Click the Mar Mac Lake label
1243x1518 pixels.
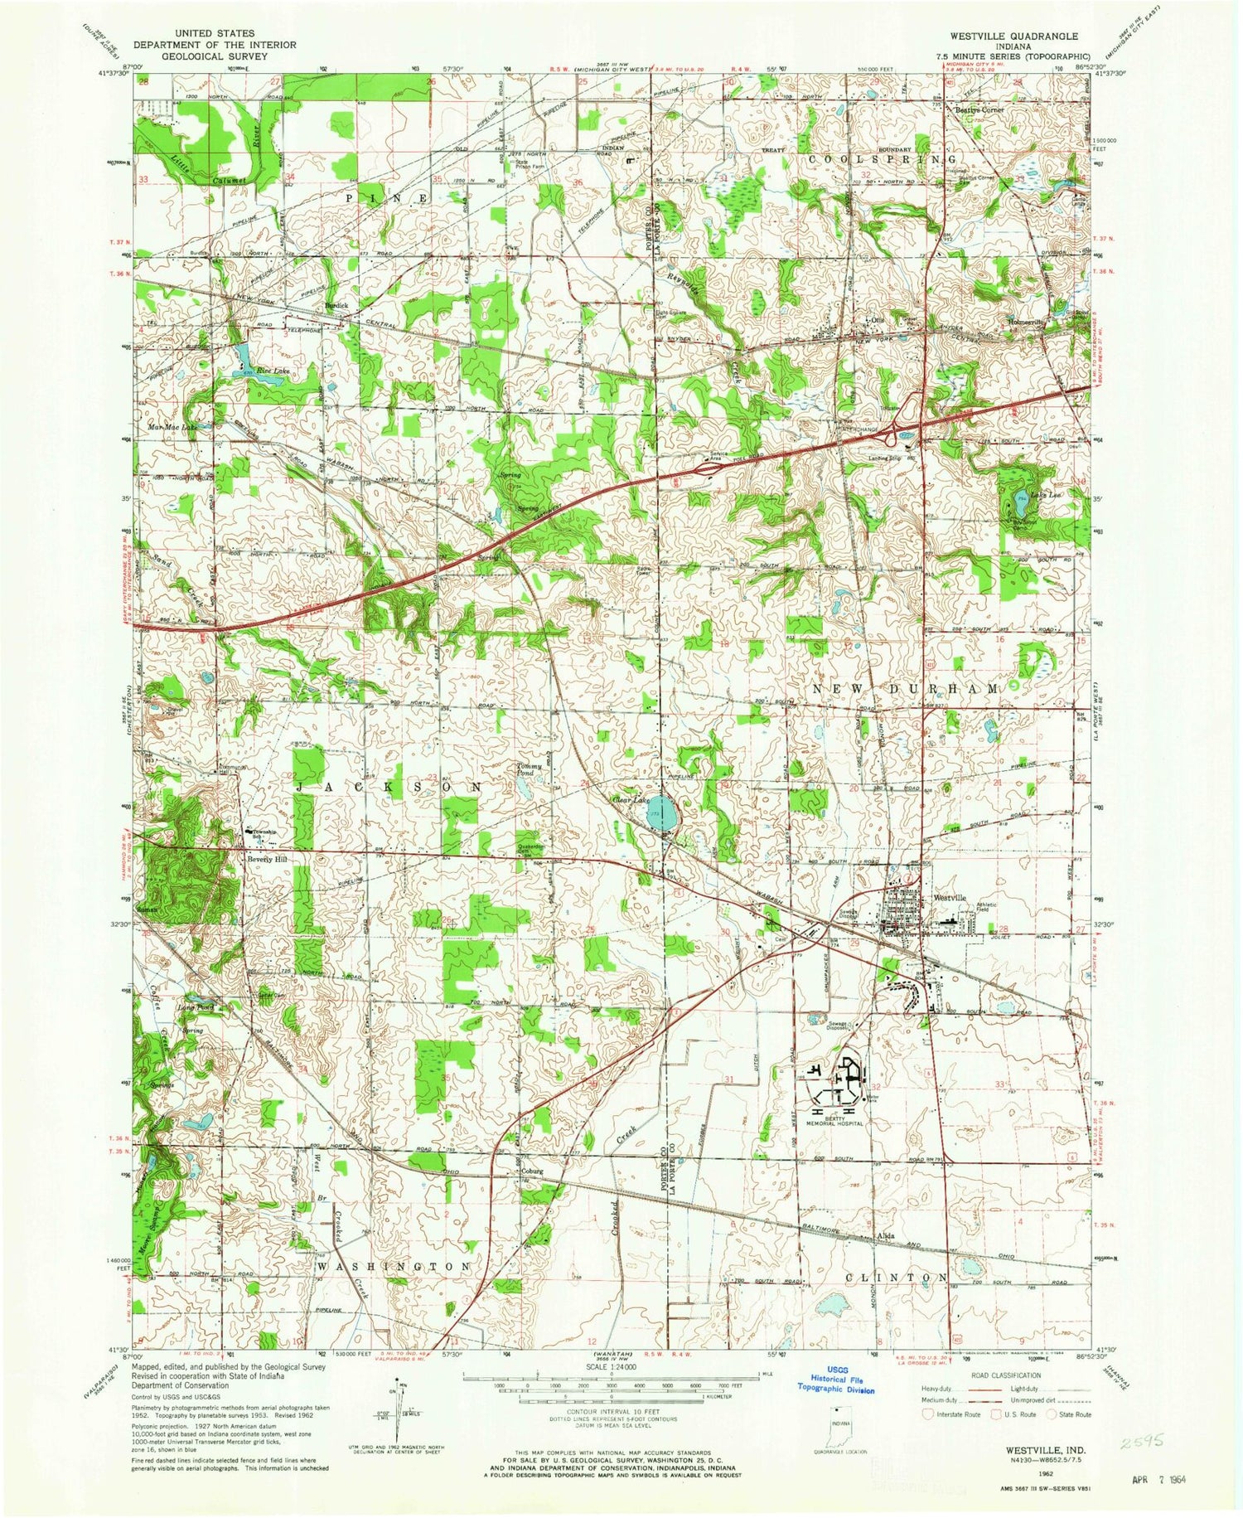pyautogui.click(x=172, y=428)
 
